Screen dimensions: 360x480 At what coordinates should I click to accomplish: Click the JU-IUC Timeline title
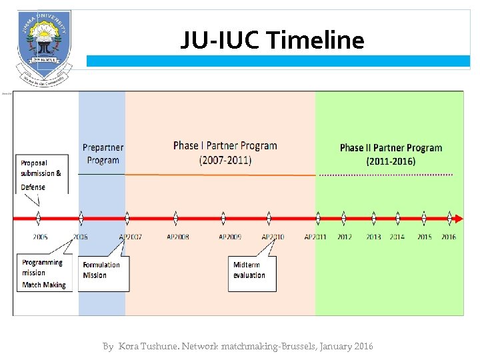(272, 41)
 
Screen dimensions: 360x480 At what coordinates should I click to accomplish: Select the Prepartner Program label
(103, 153)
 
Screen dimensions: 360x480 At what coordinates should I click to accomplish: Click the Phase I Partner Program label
(225, 153)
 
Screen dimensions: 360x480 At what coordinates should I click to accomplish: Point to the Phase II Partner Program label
(391, 154)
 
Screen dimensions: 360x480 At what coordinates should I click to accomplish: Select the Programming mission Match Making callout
(43, 273)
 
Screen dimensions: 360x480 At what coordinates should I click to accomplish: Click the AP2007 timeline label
(130, 237)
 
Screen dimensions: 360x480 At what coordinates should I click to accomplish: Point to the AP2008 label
(177, 237)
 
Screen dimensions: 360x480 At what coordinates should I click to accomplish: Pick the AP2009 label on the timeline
(229, 237)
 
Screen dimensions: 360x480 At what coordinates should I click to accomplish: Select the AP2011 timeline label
(315, 237)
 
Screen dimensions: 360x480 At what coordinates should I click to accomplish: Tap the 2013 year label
(373, 237)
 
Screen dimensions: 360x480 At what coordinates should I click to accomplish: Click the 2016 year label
(449, 237)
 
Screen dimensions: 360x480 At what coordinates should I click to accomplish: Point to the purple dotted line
(387, 175)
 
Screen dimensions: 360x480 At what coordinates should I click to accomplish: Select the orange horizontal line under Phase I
(220, 175)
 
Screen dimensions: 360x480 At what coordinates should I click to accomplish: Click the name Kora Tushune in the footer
(143, 347)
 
